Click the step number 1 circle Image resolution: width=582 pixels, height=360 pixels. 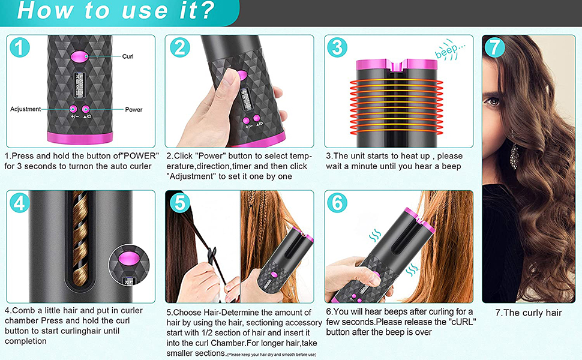(x=20, y=48)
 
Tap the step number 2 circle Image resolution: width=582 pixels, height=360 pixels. (x=179, y=48)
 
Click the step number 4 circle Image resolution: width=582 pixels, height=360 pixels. (x=20, y=203)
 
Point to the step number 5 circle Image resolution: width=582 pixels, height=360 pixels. (x=179, y=203)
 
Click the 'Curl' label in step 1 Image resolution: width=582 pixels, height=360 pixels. (x=128, y=56)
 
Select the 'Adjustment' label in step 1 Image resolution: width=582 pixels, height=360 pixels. (x=25, y=109)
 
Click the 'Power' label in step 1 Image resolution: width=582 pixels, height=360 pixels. (x=133, y=110)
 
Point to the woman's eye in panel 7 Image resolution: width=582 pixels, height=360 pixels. (x=493, y=101)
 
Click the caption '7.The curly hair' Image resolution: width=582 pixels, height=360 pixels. (x=528, y=313)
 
